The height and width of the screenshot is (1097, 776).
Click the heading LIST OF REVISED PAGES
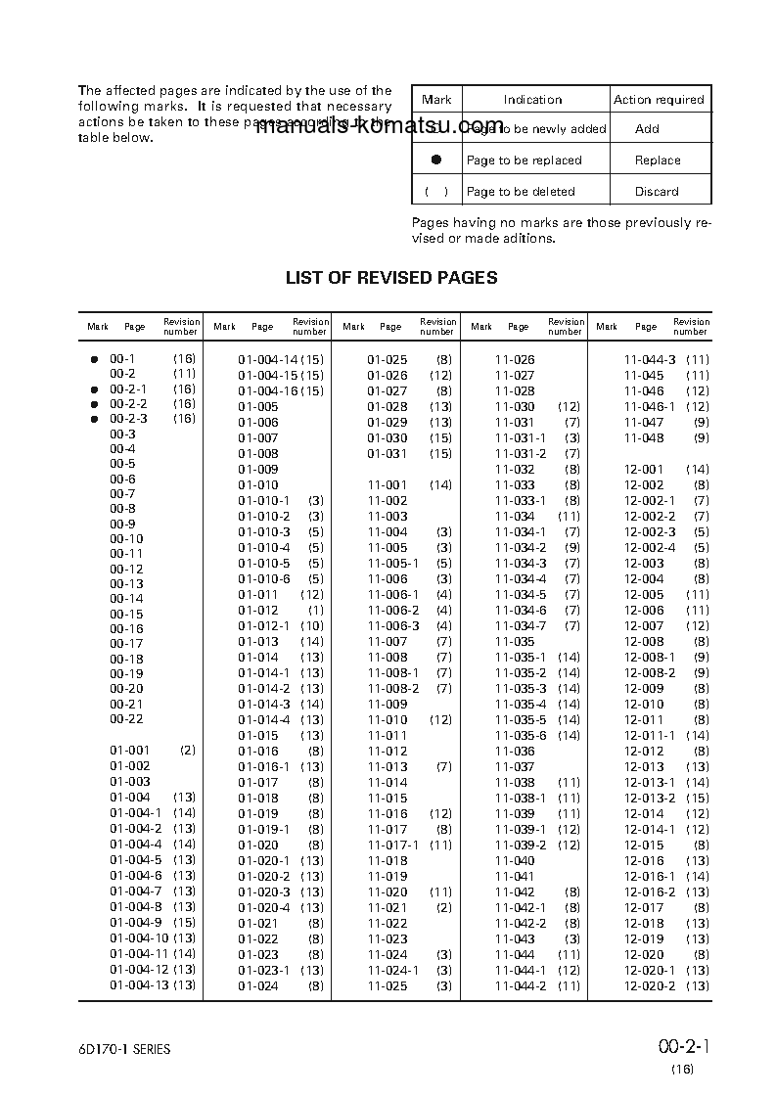[390, 278]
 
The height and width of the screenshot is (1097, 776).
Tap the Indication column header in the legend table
[532, 100]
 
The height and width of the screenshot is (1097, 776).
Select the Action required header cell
[659, 100]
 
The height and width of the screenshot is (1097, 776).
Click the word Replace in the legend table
[658, 160]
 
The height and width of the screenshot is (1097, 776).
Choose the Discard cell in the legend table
[657, 192]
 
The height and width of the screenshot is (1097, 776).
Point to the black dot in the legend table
[436, 160]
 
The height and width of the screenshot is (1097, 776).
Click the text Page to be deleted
[521, 192]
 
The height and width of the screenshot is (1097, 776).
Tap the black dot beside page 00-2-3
[95, 419]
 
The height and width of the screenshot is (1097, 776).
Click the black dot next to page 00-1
[95, 360]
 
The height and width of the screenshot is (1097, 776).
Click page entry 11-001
[388, 485]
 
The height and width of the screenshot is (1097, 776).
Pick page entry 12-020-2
[650, 985]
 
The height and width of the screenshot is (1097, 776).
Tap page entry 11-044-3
[650, 360]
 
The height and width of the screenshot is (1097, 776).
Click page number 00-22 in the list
[126, 719]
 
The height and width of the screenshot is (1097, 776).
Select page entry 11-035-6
[521, 736]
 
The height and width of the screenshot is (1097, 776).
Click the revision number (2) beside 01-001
[187, 751]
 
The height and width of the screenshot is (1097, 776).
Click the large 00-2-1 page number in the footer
[683, 1048]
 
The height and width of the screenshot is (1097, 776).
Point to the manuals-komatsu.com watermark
[381, 128]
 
